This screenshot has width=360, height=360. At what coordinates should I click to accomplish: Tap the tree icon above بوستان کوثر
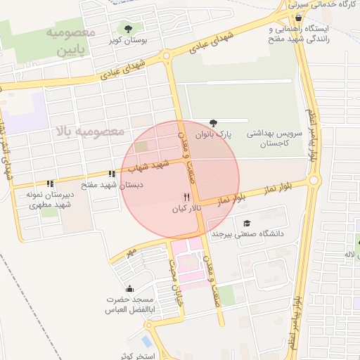[x=127, y=28]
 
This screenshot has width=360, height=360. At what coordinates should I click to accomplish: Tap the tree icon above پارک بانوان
[x=213, y=122]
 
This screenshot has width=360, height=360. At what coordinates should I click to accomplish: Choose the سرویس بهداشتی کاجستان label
[x=274, y=137]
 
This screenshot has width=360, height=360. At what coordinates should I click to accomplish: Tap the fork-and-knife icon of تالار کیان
[x=186, y=197]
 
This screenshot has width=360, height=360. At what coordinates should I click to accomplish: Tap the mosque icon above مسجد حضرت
[x=129, y=288]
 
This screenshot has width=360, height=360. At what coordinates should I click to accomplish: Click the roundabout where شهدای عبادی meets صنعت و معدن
[x=167, y=56]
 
